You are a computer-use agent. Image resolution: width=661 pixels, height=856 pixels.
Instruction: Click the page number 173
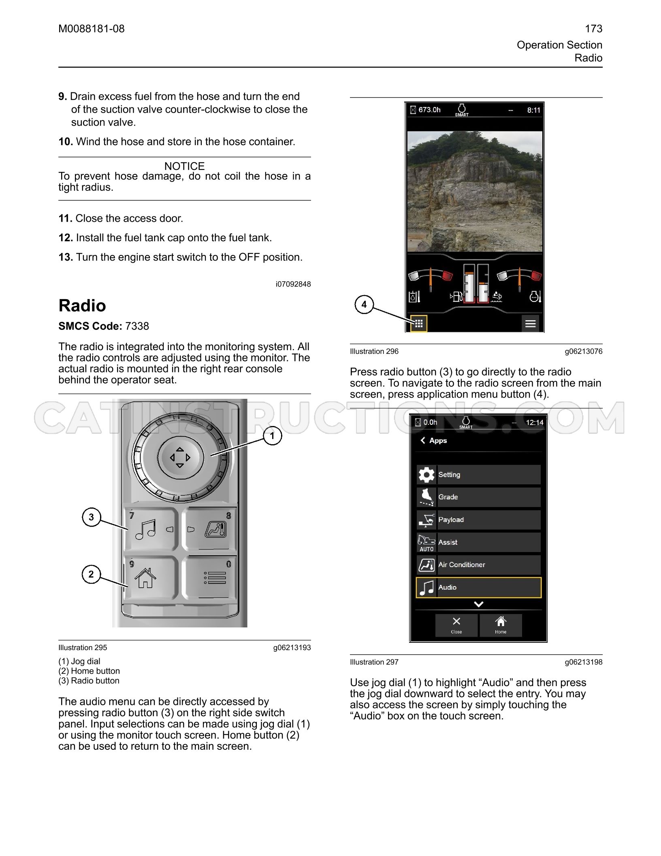point(593,29)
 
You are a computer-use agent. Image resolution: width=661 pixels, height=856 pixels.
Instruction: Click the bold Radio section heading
point(82,306)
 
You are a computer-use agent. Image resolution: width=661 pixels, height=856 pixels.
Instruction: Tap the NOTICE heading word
point(184,166)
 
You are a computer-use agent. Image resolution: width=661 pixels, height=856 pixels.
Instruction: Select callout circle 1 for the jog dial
point(272,436)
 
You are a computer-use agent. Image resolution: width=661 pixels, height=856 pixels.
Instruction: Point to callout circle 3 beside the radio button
point(91,517)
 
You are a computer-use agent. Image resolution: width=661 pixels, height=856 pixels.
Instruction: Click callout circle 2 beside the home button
point(91,574)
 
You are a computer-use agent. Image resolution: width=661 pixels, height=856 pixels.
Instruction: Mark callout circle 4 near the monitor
point(364,304)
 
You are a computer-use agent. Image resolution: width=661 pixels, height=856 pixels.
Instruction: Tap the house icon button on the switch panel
point(151,577)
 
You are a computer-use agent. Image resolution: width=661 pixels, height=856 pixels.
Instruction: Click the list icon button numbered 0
point(209,577)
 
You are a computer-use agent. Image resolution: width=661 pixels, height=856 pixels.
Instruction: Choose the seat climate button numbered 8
point(209,529)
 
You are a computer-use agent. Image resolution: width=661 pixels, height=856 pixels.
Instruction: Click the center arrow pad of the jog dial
point(180,458)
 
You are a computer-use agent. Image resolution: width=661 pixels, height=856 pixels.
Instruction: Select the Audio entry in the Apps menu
point(479,587)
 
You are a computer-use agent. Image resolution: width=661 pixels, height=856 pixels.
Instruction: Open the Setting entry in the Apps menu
point(479,475)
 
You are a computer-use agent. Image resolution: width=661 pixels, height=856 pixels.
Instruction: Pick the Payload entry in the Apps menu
point(479,520)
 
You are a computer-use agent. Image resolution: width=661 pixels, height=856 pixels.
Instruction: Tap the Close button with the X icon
point(456,625)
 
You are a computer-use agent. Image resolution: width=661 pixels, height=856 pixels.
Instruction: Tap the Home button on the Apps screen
point(501,625)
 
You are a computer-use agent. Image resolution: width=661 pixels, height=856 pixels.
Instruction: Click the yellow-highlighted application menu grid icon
point(419,323)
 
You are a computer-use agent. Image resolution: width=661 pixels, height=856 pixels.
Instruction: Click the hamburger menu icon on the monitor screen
point(531,323)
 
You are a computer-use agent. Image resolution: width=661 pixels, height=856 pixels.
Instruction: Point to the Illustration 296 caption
point(374,351)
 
